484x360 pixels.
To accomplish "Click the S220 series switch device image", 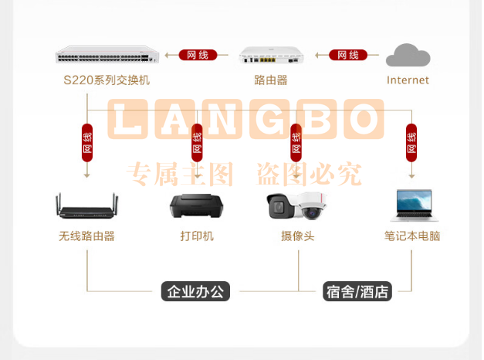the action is (x=107, y=55).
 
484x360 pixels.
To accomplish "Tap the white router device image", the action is (x=271, y=55).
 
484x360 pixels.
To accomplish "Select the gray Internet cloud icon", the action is (x=408, y=55).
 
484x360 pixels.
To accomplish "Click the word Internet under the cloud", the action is (x=408, y=80).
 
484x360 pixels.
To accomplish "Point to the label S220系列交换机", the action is (x=107, y=80).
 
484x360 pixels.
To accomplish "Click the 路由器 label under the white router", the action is (x=271, y=80).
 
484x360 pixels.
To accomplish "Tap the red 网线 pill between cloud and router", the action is (x=348, y=55).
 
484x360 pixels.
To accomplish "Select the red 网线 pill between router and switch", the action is (x=198, y=55).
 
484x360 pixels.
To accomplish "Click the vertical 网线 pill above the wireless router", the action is (x=87, y=143).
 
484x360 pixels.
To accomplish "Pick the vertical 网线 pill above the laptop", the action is (x=411, y=143).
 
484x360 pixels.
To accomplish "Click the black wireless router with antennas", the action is (x=86, y=205).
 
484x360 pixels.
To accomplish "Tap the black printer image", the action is (x=197, y=205).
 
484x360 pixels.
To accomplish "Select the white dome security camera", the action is (x=311, y=205).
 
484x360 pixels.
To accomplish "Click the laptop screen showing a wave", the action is (x=414, y=200).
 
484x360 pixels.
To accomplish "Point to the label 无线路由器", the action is (x=86, y=236).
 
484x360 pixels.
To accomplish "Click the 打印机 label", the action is (x=197, y=236).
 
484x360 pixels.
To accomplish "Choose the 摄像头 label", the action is (x=298, y=236).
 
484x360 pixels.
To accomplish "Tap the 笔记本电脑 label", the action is (x=412, y=236).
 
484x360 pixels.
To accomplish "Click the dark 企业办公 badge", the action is (x=195, y=291).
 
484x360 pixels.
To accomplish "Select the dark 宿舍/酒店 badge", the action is (x=357, y=291).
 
